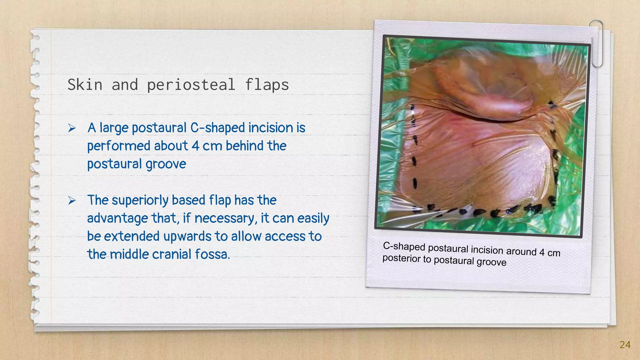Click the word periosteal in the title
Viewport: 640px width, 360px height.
191,85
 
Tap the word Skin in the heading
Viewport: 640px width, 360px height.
85,85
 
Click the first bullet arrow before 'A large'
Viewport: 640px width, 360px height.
72,128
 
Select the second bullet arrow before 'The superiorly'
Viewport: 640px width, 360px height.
72,200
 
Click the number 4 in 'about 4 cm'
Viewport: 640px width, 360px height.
195,146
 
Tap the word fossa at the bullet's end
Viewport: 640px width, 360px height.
212,254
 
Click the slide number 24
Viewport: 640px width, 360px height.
625,345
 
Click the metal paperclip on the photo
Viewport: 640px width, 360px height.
597,44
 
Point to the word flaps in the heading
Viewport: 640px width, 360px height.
267,85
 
